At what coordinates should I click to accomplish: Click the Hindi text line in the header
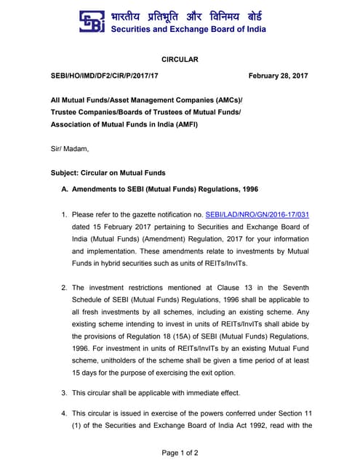186,15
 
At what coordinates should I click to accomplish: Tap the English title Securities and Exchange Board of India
188,30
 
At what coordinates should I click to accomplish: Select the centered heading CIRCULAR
179,59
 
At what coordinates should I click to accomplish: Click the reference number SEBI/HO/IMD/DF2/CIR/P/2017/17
104,76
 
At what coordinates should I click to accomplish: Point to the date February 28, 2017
279,76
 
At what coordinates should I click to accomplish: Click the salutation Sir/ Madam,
70,149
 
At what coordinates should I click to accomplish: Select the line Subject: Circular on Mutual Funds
108,173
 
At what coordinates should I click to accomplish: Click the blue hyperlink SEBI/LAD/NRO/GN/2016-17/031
257,215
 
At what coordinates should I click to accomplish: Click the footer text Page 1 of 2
180,453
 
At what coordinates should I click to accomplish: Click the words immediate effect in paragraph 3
207,393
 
